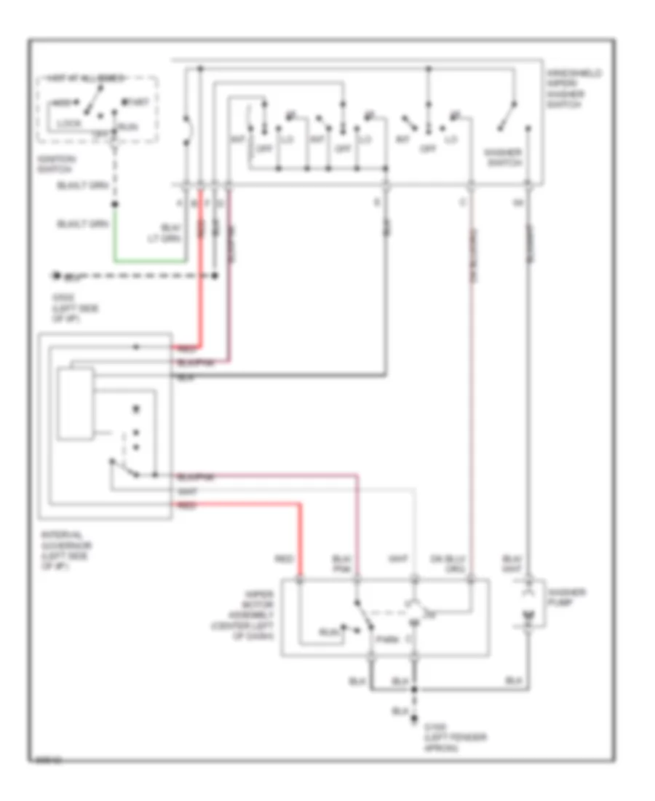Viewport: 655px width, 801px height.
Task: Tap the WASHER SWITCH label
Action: pyautogui.click(x=502, y=157)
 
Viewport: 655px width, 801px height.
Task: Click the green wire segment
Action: pyautogui.click(x=146, y=260)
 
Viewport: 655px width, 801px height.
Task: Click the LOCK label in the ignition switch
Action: pyautogui.click(x=68, y=124)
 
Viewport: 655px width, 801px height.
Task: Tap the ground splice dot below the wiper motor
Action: pyautogui.click(x=416, y=688)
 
